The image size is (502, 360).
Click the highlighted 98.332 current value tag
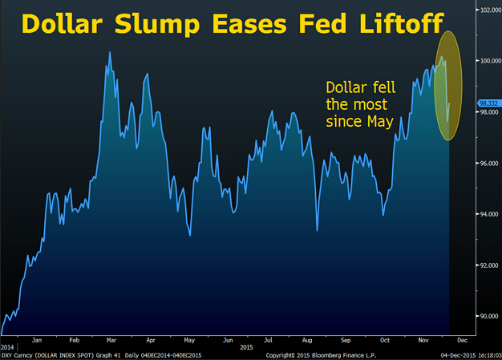tap(488, 103)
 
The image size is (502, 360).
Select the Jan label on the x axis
tap(37, 339)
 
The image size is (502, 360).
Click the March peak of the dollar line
tap(108, 52)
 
